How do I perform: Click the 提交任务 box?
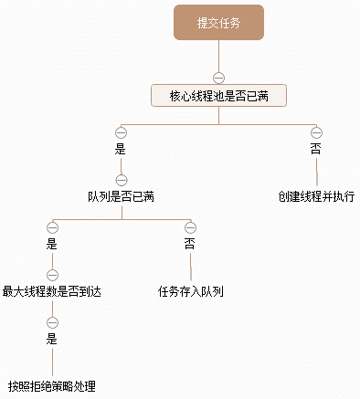tap(219, 23)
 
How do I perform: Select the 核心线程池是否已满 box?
tap(219, 95)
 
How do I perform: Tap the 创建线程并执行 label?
tap(316, 196)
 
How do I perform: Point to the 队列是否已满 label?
tap(121, 196)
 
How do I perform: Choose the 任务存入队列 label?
tap(191, 292)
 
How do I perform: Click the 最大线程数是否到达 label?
tap(52, 292)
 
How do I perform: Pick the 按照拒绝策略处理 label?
tap(52, 386)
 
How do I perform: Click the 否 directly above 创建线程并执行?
tap(316, 148)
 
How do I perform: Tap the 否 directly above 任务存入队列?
tap(191, 244)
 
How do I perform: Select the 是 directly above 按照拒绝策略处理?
tap(52, 340)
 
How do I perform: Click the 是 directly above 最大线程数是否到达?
tap(52, 244)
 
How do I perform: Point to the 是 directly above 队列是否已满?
tap(121, 148)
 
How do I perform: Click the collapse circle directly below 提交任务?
tap(219, 76)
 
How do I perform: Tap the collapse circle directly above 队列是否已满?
tap(121, 179)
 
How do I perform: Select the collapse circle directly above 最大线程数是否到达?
tap(52, 275)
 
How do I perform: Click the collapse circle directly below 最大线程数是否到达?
tap(52, 322)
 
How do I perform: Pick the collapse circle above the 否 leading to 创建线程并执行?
tap(316, 131)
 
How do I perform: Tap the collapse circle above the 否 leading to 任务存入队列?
tap(191, 226)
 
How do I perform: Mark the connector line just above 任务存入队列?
tap(191, 268)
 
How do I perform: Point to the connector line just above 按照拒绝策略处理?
tap(52, 362)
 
